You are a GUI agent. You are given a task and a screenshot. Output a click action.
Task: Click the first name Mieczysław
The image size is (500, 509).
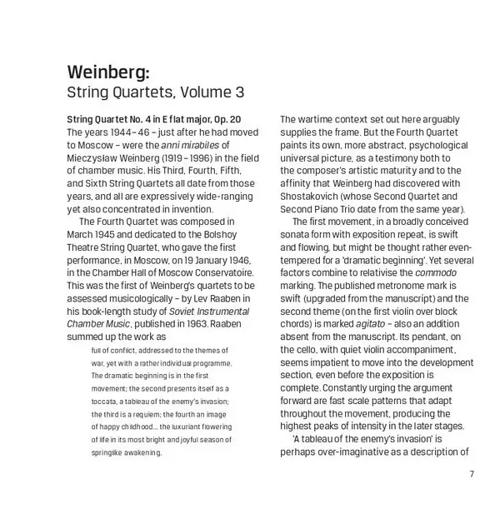[97, 170]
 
